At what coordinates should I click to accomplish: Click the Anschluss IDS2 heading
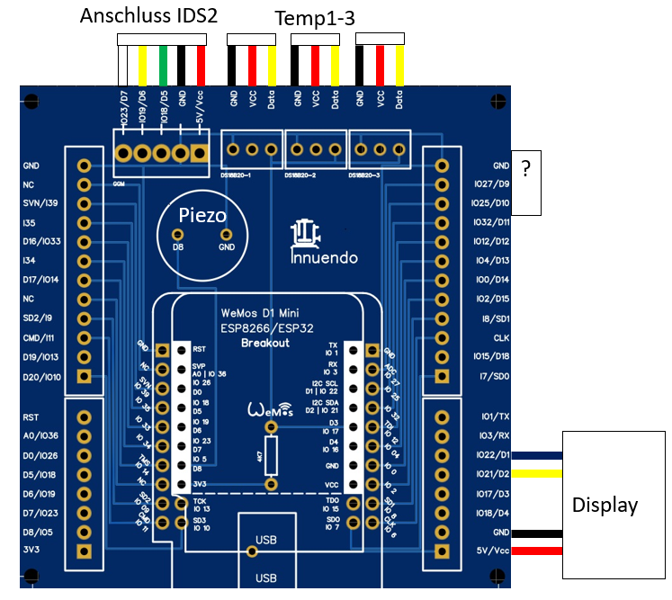click(x=148, y=16)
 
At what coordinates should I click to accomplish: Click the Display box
click(x=605, y=505)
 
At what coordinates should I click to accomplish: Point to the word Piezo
click(x=202, y=215)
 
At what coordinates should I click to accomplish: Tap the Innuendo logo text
click(x=324, y=257)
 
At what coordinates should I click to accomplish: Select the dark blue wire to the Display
click(x=537, y=455)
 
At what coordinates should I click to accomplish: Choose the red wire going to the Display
click(x=537, y=551)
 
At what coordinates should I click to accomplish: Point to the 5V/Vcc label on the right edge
click(x=492, y=551)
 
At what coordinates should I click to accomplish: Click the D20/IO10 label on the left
click(x=41, y=376)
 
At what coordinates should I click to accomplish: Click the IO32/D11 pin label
click(x=490, y=222)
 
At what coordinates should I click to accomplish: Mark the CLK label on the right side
click(x=501, y=338)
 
